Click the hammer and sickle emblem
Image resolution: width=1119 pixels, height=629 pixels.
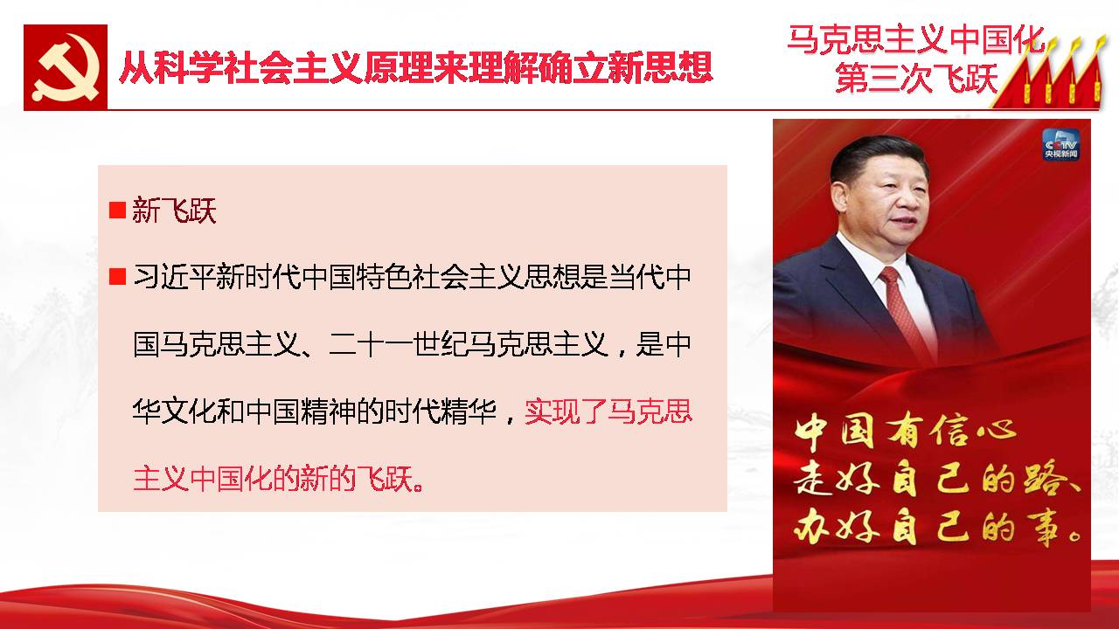click(66, 67)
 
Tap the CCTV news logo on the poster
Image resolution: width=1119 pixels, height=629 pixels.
click(1061, 145)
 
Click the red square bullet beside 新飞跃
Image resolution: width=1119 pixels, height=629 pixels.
click(117, 211)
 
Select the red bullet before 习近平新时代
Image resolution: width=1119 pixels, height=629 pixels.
click(117, 277)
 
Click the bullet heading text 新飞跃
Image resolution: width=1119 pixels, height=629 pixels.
click(174, 211)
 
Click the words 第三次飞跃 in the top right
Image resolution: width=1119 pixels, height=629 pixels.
click(917, 78)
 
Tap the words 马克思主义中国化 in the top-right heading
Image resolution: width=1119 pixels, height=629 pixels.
click(916, 39)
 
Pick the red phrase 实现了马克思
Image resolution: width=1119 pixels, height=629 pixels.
click(608, 411)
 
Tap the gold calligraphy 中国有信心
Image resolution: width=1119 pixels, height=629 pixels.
click(905, 432)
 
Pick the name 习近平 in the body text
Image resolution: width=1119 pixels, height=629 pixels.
click(174, 277)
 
